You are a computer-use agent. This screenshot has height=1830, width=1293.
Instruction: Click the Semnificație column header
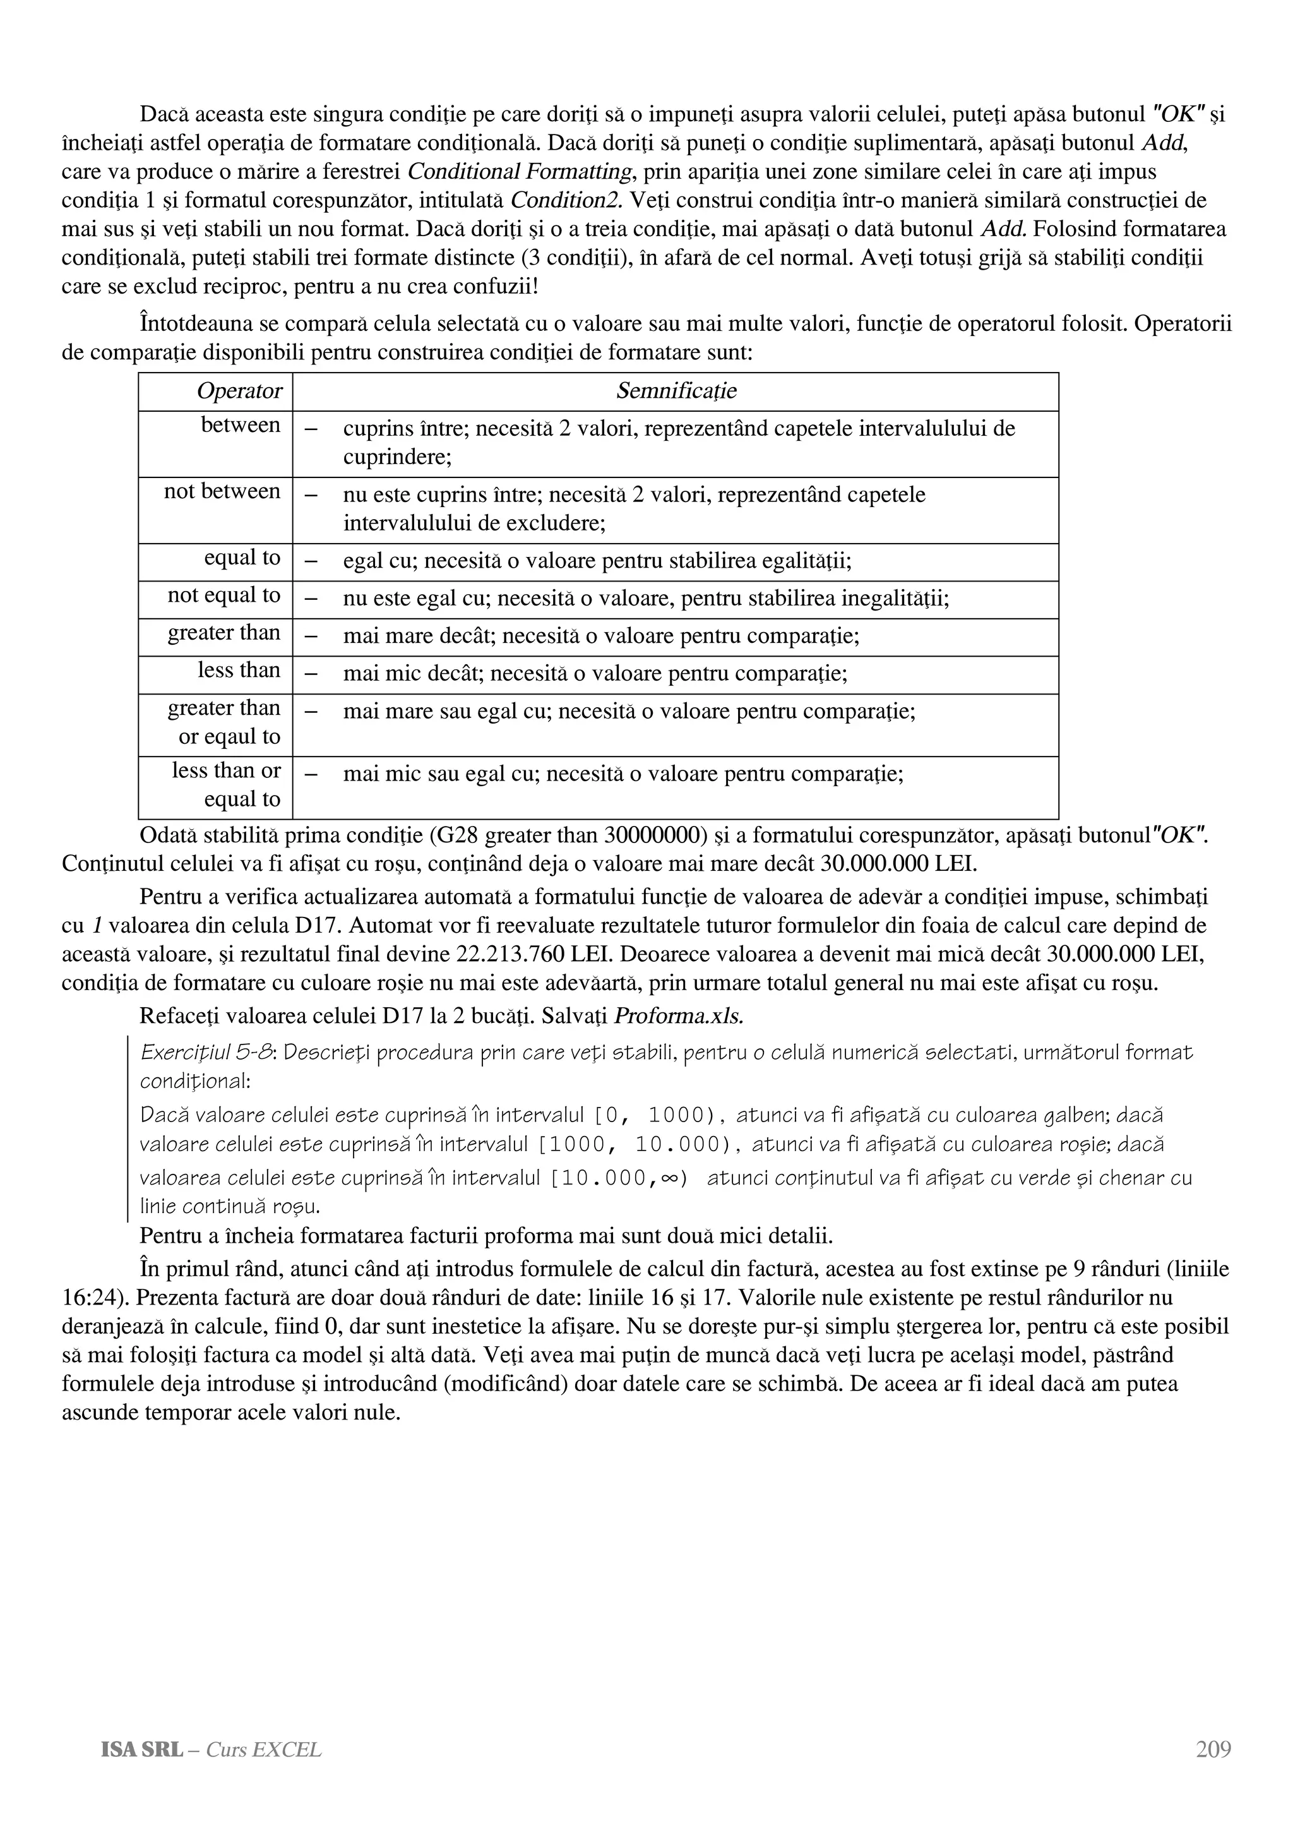(x=676, y=392)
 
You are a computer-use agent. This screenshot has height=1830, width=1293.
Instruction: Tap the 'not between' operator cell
(x=222, y=492)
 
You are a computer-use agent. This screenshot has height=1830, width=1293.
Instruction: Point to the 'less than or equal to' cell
(x=225, y=785)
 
